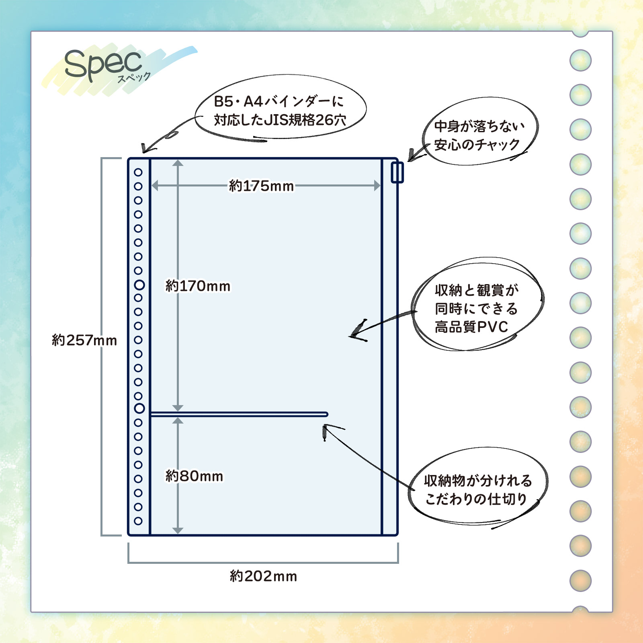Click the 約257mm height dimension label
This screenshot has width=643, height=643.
tap(84, 340)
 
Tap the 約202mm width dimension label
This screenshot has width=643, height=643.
tap(263, 576)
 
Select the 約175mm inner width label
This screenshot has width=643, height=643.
tap(261, 186)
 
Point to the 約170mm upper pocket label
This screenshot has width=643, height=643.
tap(198, 286)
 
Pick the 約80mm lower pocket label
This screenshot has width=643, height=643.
tap(194, 476)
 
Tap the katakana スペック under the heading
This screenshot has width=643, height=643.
tap(134, 77)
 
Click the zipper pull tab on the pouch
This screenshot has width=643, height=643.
tap(397, 172)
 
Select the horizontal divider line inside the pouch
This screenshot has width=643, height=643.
tap(239, 414)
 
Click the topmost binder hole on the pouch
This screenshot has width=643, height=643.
tap(138, 172)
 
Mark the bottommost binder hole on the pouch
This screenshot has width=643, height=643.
tap(138, 521)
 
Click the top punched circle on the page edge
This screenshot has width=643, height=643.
tap(580, 61)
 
